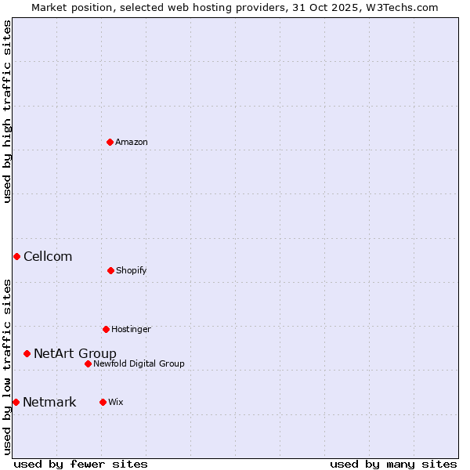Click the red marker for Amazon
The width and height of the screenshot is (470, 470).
(x=110, y=142)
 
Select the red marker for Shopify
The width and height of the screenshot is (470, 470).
(x=110, y=270)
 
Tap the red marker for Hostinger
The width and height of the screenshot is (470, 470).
(x=106, y=329)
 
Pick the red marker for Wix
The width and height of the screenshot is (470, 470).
(x=103, y=402)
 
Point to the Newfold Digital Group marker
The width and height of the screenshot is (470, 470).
(x=88, y=363)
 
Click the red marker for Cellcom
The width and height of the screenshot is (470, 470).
(x=16, y=256)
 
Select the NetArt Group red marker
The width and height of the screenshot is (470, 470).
(x=27, y=353)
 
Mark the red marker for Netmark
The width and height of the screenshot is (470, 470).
(x=16, y=402)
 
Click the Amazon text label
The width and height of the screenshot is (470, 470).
(x=132, y=143)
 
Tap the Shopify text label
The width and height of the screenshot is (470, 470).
(x=132, y=271)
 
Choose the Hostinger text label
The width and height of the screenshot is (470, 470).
(x=131, y=330)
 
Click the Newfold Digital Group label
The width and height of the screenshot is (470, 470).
(x=139, y=364)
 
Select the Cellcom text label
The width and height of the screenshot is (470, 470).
(x=48, y=257)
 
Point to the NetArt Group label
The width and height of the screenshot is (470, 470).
(x=75, y=354)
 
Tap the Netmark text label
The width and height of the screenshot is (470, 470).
(x=49, y=403)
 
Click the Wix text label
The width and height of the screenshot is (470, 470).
(x=116, y=403)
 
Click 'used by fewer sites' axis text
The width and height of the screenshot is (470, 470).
(x=81, y=464)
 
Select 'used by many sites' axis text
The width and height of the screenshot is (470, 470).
(x=393, y=464)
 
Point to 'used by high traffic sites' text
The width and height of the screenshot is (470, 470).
(x=7, y=111)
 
